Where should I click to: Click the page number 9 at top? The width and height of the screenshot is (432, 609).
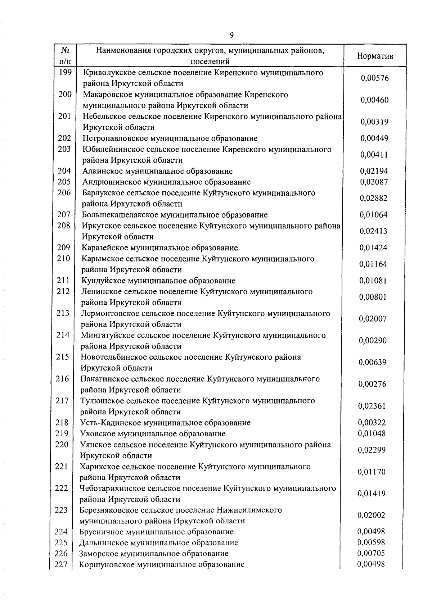231,35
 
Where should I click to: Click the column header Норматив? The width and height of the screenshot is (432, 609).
375,56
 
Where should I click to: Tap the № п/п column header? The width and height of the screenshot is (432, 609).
65,56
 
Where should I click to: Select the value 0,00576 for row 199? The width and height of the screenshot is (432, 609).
374,78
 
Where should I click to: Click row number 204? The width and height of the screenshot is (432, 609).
64,171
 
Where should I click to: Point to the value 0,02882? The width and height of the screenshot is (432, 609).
374,198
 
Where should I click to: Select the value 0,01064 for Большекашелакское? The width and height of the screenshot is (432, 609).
374,215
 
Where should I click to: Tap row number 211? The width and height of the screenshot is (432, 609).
63,280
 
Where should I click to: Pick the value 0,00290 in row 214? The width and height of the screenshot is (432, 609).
373,340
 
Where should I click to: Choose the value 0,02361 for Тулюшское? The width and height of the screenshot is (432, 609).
372,406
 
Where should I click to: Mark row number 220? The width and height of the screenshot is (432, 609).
62,445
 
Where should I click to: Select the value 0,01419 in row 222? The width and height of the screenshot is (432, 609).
372,494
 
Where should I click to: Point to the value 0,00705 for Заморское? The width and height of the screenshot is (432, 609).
371,553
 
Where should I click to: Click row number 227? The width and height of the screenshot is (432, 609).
61,565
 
